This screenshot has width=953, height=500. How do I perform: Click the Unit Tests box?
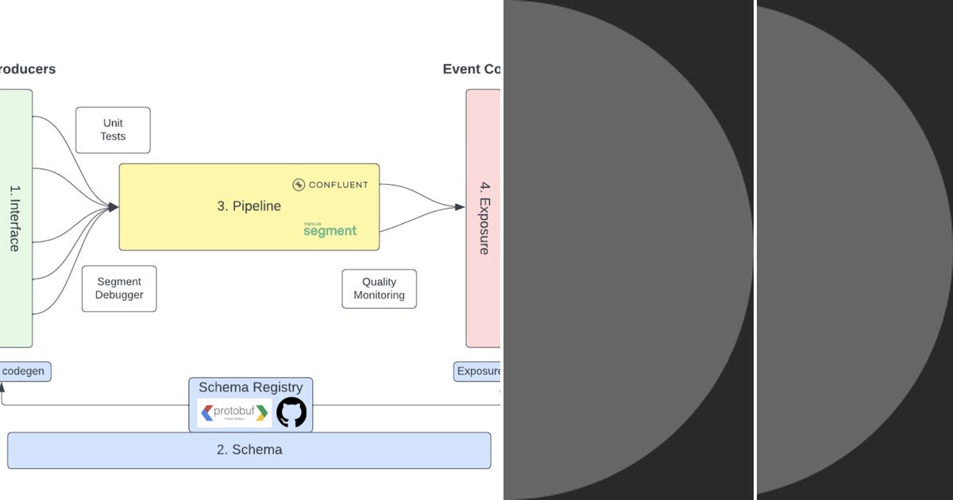click(113, 130)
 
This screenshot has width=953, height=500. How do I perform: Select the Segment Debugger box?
click(119, 288)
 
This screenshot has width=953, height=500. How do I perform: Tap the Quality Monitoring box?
click(379, 289)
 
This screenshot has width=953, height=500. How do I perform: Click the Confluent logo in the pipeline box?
click(330, 185)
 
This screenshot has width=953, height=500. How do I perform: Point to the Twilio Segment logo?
click(330, 229)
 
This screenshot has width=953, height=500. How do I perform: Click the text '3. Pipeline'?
click(249, 206)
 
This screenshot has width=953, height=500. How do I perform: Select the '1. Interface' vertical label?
click(14, 218)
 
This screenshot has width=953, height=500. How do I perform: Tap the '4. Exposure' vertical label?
click(484, 218)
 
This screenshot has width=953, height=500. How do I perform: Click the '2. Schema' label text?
click(249, 450)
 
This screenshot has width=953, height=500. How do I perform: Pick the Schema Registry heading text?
click(250, 387)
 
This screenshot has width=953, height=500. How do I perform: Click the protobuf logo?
click(234, 413)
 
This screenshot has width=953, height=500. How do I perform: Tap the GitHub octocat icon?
click(291, 413)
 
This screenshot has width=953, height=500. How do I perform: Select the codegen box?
click(25, 371)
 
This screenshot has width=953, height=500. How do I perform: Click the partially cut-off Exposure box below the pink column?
click(478, 371)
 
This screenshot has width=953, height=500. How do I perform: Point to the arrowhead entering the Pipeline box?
click(114, 207)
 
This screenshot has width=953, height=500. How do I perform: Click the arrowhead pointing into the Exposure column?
click(460, 207)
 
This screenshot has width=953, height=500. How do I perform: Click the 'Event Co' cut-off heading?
click(471, 69)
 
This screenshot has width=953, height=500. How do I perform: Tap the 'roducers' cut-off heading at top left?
click(28, 69)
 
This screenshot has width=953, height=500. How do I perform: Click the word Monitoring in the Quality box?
click(379, 295)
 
